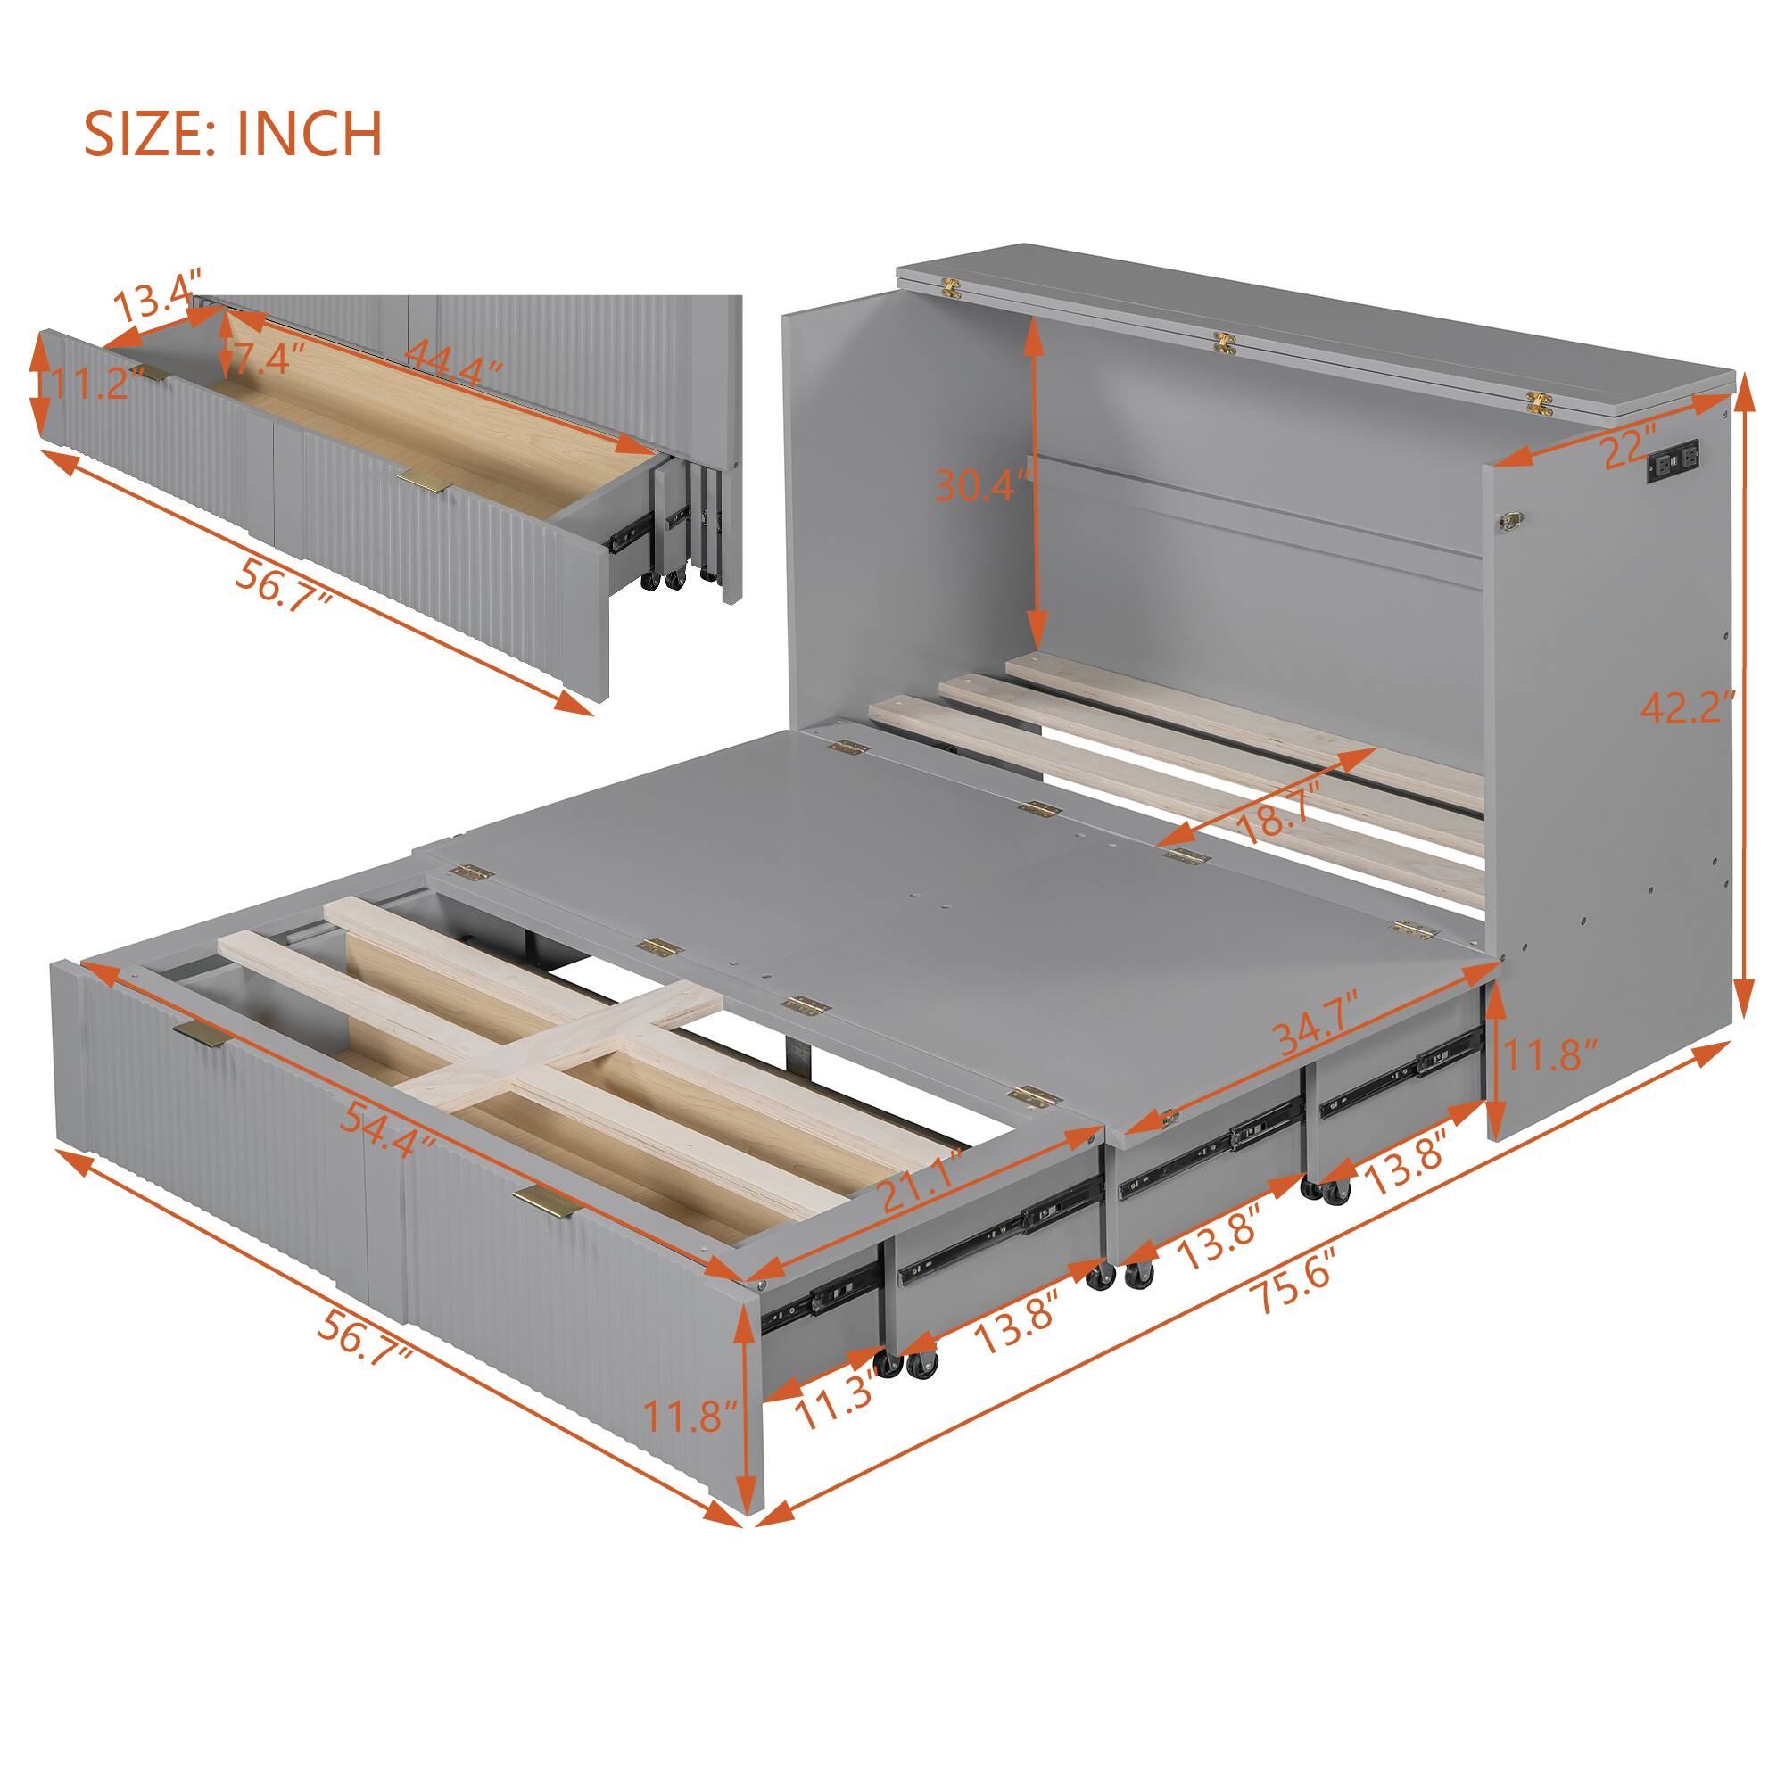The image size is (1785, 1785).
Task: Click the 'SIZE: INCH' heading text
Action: [233, 134]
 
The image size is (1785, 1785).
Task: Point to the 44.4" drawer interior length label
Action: [453, 360]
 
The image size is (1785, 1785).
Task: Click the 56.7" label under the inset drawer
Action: [283, 583]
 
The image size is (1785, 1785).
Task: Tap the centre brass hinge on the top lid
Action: [1226, 343]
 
